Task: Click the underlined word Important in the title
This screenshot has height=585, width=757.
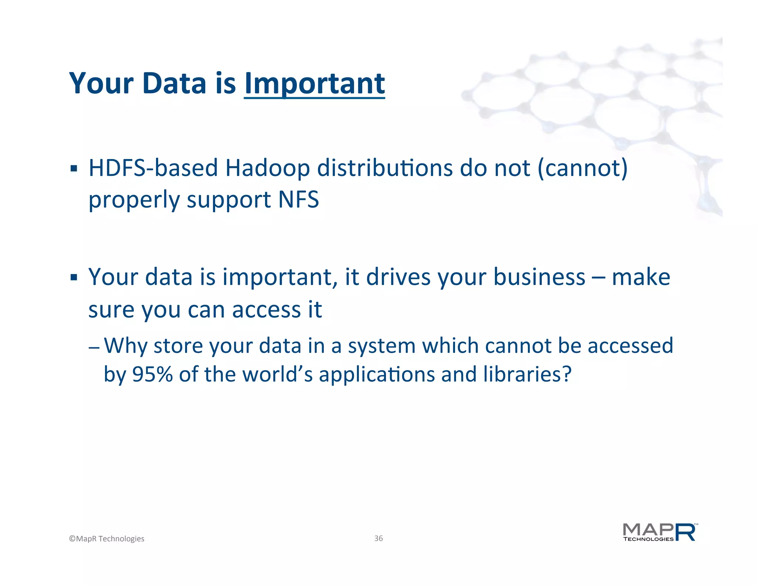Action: [314, 84]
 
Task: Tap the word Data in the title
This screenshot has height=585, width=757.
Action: [174, 83]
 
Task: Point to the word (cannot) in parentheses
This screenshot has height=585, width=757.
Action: [583, 169]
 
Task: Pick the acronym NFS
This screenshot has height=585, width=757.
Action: [298, 200]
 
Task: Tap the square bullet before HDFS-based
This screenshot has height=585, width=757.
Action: [74, 169]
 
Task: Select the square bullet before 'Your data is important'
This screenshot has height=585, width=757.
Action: [74, 277]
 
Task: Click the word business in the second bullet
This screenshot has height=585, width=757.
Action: [539, 277]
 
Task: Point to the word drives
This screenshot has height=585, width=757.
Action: [398, 277]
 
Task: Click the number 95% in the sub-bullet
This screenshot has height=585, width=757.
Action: [152, 374]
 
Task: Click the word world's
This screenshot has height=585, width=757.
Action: [277, 374]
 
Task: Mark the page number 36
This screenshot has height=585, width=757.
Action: [378, 538]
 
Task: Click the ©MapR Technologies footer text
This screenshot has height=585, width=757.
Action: [107, 539]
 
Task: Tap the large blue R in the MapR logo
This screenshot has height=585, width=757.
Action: [686, 532]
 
